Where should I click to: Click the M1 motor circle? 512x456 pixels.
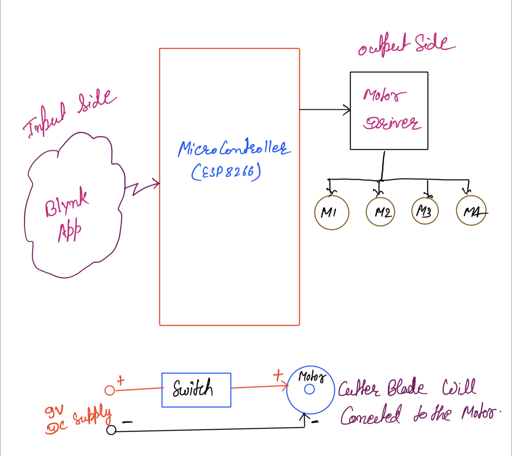(332, 213)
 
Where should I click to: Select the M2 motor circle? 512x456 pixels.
(380, 212)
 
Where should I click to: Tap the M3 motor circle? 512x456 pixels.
(425, 211)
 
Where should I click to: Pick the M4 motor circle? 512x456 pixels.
(471, 211)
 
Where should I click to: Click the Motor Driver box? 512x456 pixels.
(389, 111)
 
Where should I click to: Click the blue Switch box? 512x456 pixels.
(196, 390)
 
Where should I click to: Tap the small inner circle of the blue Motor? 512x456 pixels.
(309, 389)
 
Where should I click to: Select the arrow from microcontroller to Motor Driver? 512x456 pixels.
(325, 110)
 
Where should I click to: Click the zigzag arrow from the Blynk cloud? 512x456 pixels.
(142, 187)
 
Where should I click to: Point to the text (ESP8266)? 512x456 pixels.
(226, 172)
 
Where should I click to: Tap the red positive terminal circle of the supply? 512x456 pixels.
(110, 390)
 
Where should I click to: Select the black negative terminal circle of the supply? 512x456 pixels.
(111, 430)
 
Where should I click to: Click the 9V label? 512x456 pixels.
(54, 412)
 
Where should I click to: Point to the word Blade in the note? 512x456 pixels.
(406, 388)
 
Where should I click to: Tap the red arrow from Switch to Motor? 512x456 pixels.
(259, 387)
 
